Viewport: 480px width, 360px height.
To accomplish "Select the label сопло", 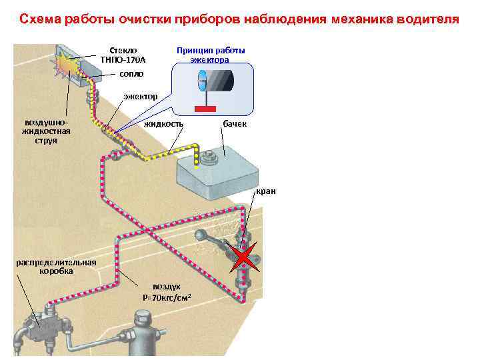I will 131,73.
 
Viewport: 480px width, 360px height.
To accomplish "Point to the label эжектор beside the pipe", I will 140,97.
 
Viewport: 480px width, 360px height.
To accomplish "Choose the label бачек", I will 235,124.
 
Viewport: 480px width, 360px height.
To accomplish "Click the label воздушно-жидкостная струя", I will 43,132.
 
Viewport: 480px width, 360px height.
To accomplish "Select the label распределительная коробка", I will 56,266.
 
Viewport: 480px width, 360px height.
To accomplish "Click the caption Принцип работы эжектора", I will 210,55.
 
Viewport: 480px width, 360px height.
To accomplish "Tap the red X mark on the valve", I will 244,257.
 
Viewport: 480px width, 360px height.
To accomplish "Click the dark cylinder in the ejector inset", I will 220,82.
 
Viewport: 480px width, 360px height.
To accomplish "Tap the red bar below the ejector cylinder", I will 205,108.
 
